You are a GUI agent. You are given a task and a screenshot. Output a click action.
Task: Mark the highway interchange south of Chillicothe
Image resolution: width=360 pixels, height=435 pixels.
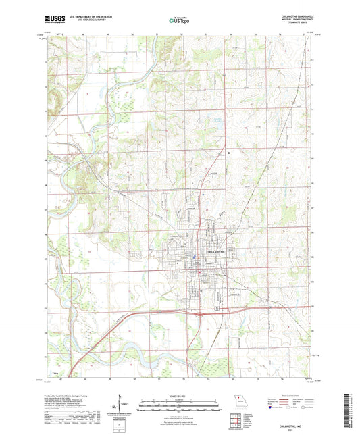click(197, 313)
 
